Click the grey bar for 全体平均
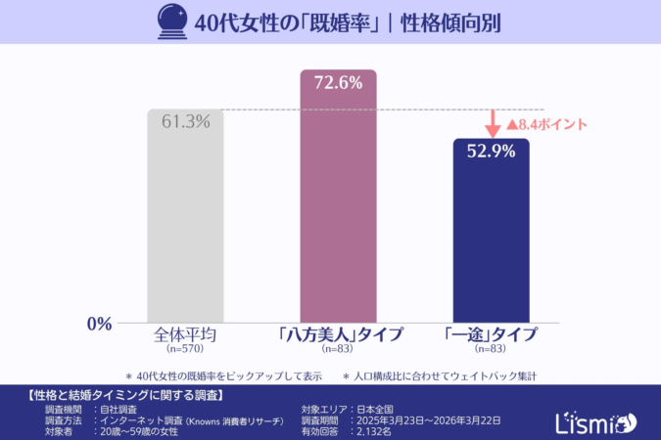pyautogui.click(x=186, y=225)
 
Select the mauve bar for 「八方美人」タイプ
pyautogui.click(x=338, y=205)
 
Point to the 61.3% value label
pyautogui.click(x=186, y=122)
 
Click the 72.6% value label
pyautogui.click(x=338, y=83)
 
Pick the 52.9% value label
pyautogui.click(x=491, y=152)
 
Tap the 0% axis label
pyautogui.click(x=100, y=324)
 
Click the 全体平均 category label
pyautogui.click(x=185, y=333)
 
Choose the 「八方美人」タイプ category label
pyautogui.click(x=339, y=334)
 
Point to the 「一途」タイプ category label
pyautogui.click(x=491, y=334)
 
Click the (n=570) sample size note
pyautogui.click(x=185, y=348)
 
